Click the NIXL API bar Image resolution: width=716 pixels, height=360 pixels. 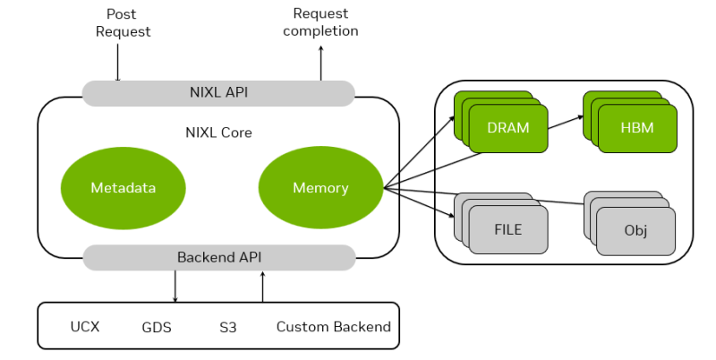click(x=218, y=92)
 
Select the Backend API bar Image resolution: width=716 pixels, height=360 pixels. click(x=218, y=257)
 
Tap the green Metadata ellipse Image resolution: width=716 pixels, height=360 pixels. click(x=123, y=187)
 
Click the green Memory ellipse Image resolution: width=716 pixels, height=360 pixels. click(x=320, y=187)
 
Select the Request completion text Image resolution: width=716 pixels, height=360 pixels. click(x=320, y=22)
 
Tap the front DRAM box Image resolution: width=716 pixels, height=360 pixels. click(x=507, y=128)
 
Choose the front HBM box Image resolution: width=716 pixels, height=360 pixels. click(x=636, y=128)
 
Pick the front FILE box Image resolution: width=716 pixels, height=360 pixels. click(x=507, y=229)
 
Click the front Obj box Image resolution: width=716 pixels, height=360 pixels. click(x=635, y=231)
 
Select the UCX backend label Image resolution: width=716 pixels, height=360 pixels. click(x=85, y=326)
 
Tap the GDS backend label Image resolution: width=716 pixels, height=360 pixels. click(x=157, y=326)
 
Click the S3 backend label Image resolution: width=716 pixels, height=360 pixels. click(x=227, y=326)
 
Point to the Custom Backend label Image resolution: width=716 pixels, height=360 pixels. click(x=333, y=326)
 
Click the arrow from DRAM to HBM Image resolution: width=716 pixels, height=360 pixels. click(x=566, y=122)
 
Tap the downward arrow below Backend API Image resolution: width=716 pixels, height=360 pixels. click(x=175, y=286)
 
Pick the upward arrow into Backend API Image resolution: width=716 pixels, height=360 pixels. click(x=262, y=286)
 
